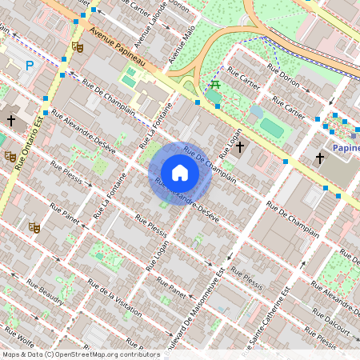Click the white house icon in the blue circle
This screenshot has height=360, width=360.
[x=180, y=172]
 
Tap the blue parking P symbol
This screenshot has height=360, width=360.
[x=30, y=65]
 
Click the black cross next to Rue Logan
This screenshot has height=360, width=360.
[x=239, y=148]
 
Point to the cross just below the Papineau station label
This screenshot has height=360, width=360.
[x=319, y=158]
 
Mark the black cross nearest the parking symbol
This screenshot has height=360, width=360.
[x=11, y=120]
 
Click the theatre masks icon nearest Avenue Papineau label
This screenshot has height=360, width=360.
[x=78, y=46]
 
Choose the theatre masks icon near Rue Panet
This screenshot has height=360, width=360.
[x=34, y=227]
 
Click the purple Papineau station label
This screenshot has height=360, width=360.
[x=346, y=148]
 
